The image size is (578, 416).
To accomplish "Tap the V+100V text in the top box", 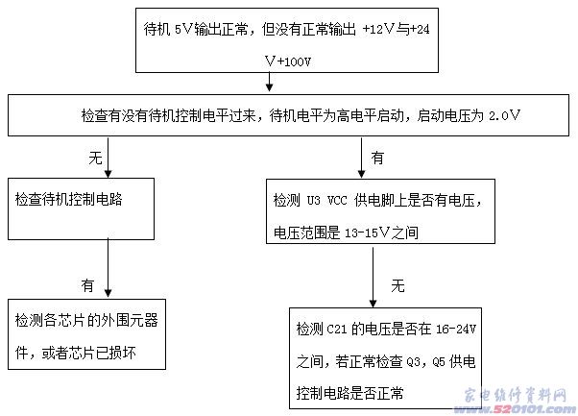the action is [288, 61].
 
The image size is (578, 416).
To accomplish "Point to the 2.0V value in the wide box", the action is [504, 116].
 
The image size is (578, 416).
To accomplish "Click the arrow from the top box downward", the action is [270, 82].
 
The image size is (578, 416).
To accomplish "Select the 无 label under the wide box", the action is [95, 158].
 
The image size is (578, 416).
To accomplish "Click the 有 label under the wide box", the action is [377, 158].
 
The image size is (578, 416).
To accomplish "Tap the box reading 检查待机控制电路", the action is [81, 208].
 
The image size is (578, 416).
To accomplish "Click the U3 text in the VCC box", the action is [314, 200].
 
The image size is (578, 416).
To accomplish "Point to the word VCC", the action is [337, 200].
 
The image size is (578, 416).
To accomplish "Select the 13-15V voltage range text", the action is [367, 232].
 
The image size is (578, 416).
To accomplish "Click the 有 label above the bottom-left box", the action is [87, 285].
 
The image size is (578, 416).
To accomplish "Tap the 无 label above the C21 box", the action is [398, 285].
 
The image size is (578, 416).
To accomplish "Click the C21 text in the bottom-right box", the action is [337, 329].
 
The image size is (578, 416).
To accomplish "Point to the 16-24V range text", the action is [456, 329].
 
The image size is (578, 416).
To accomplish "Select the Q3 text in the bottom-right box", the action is [413, 362].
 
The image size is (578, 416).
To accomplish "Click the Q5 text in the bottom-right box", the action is [439, 362].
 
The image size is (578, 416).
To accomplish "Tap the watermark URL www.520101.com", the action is [515, 408].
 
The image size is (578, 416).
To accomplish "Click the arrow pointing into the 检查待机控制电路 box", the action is [108, 158].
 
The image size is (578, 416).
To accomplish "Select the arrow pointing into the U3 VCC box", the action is [362, 158].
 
